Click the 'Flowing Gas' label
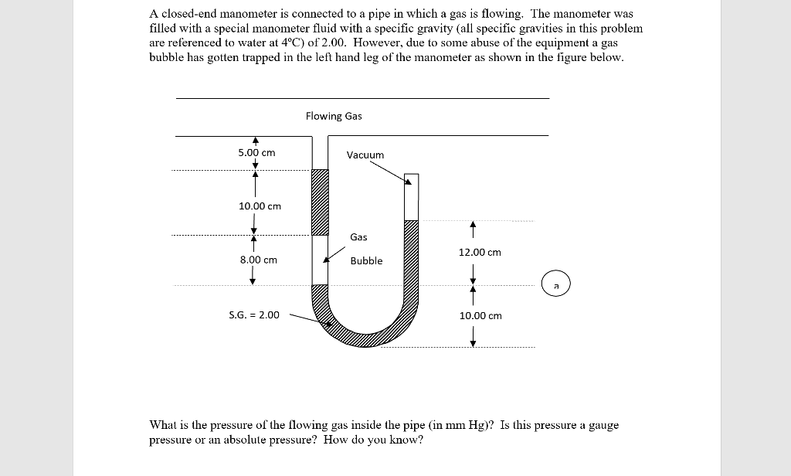pos(333,116)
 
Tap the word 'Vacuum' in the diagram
pos(365,155)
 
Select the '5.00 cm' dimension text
pos(256,153)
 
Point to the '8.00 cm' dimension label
pos(258,260)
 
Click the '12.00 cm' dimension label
pos(479,253)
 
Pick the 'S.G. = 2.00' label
pos(254,315)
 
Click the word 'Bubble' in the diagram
pos(366,261)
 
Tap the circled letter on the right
pos(555,284)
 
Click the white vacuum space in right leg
pos(412,197)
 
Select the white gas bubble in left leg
pos(319,260)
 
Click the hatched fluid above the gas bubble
pos(319,202)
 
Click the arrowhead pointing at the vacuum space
pos(408,182)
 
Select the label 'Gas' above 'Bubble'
pos(358,237)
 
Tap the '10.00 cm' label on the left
pos(260,206)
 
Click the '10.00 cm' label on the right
pos(480,316)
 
